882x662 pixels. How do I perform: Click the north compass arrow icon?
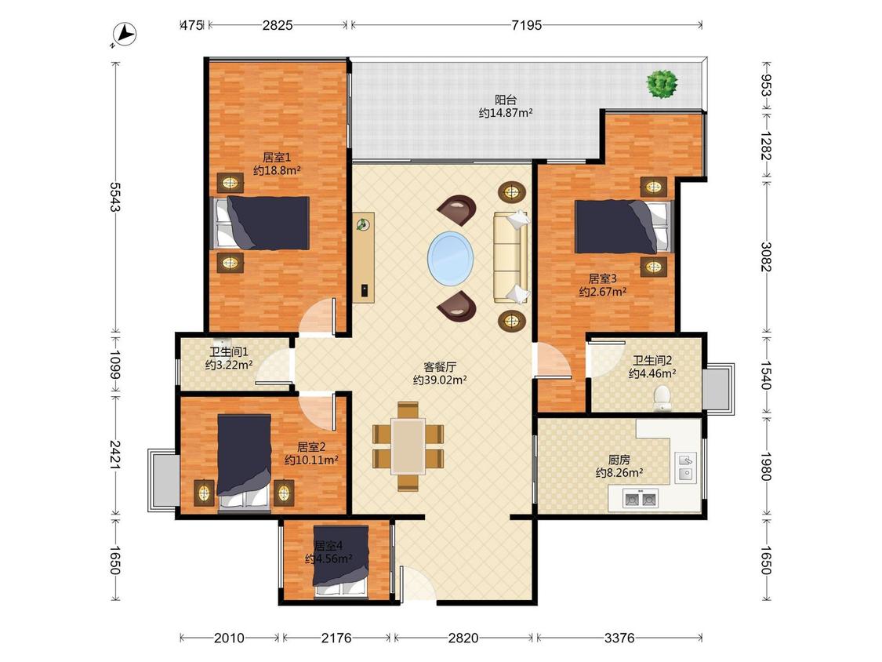tap(125, 35)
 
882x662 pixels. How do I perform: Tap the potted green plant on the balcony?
tap(662, 84)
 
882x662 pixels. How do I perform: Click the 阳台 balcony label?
tap(505, 100)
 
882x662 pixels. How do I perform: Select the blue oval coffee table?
tap(450, 259)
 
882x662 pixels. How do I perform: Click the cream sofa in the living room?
tap(511, 257)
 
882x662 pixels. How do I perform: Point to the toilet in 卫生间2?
tap(663, 398)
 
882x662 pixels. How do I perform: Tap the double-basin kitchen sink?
tap(640, 498)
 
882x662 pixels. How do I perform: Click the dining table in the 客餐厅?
tap(408, 446)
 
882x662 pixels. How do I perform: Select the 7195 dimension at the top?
tap(527, 25)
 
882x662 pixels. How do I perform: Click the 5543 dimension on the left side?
tap(115, 197)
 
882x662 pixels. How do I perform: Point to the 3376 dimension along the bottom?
tap(619, 638)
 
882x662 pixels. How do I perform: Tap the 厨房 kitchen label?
tap(619, 460)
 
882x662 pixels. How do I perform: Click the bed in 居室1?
tap(260, 223)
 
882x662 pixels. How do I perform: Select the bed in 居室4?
tap(341, 561)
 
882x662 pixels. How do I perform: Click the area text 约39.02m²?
tap(440, 380)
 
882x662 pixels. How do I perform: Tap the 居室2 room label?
tap(311, 447)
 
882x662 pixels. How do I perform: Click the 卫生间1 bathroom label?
tap(229, 352)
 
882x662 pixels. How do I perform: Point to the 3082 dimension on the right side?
tap(765, 256)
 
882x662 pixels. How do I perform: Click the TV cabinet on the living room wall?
tap(364, 257)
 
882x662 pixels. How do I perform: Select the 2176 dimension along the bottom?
tap(336, 638)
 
